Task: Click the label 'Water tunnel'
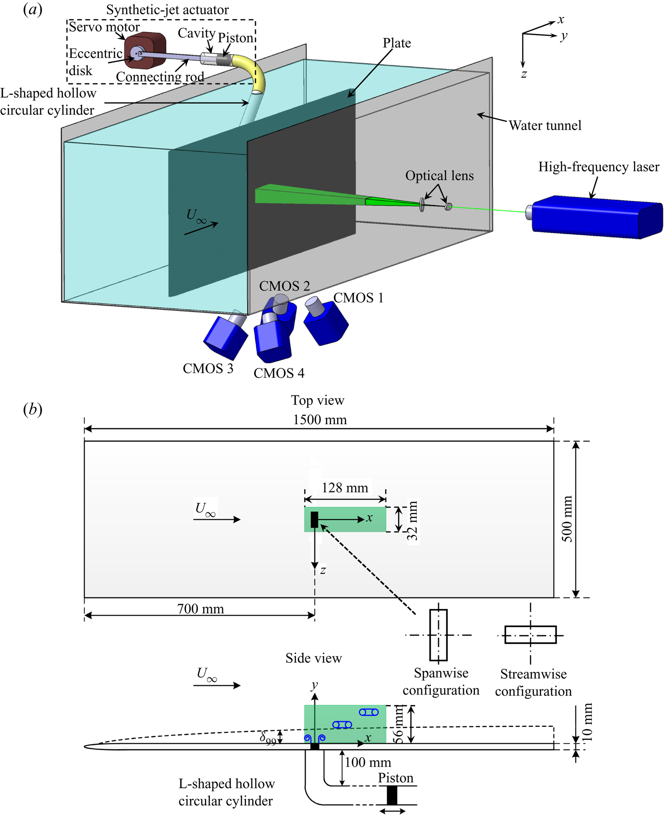(545, 126)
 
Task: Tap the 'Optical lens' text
(439, 176)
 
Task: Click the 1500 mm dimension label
(320, 420)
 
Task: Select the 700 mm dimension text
(201, 609)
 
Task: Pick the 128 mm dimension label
(345, 488)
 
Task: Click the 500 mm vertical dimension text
(567, 519)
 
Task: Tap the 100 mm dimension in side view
(368, 763)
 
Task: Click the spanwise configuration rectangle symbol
(439, 635)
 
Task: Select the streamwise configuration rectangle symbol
(530, 634)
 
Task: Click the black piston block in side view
(392, 795)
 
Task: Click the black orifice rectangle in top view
(314, 519)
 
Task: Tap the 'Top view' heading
(317, 400)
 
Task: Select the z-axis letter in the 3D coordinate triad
(524, 74)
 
